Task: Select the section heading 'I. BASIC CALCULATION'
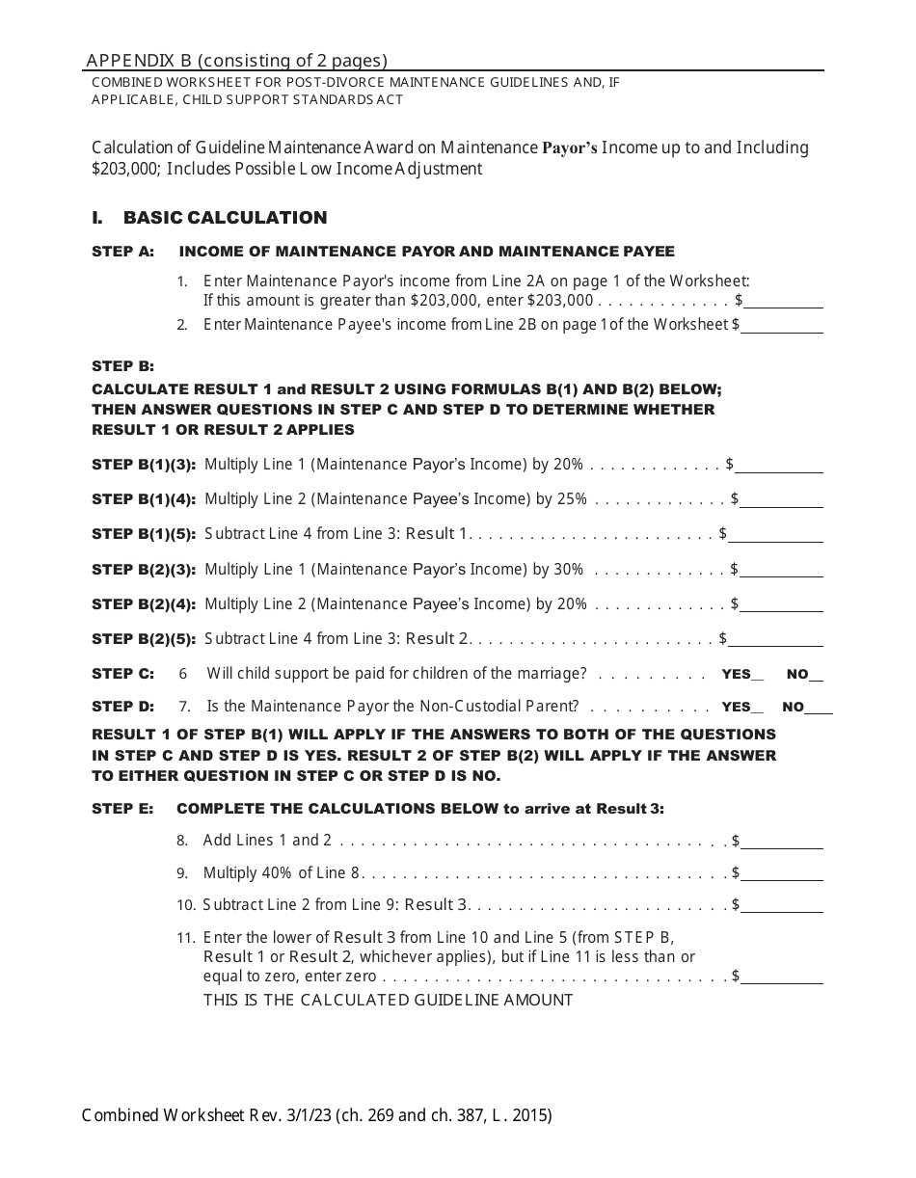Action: tap(209, 218)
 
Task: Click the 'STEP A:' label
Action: tap(122, 252)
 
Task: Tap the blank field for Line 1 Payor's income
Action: tap(784, 301)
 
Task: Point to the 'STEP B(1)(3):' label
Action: tap(144, 465)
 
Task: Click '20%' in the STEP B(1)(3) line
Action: tap(568, 465)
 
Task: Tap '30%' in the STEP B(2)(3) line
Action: tap(568, 570)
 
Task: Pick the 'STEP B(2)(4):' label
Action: tap(144, 604)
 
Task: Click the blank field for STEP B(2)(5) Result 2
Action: tap(776, 639)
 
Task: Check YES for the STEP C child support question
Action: tap(757, 675)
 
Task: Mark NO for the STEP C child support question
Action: tap(818, 675)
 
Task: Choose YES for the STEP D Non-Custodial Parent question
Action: tap(757, 707)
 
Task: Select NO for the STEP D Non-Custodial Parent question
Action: tap(819, 707)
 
